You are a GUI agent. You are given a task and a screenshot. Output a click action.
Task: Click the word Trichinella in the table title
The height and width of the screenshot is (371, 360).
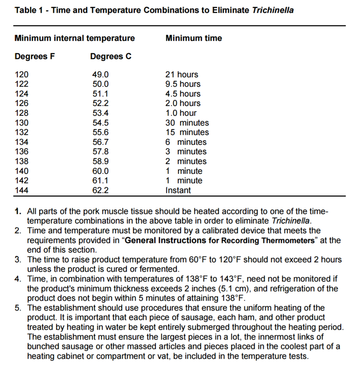click(x=272, y=10)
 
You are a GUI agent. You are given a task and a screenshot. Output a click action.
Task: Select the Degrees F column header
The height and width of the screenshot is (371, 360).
click(x=34, y=56)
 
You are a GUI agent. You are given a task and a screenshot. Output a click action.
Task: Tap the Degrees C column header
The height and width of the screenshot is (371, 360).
click(x=111, y=56)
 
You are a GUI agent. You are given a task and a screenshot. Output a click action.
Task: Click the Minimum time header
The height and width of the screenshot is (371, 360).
click(x=194, y=38)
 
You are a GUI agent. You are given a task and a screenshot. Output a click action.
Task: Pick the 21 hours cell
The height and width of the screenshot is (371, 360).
click(x=182, y=75)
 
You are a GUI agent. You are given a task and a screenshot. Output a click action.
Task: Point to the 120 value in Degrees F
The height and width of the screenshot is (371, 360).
click(x=21, y=75)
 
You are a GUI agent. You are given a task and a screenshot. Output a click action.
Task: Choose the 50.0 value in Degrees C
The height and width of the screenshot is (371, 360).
click(x=100, y=84)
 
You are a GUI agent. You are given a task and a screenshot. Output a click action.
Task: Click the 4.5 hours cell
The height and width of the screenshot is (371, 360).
click(x=183, y=94)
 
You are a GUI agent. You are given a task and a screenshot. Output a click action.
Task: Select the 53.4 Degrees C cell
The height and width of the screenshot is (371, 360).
click(x=100, y=113)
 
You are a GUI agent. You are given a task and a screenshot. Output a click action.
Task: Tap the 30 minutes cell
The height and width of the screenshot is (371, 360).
click(x=187, y=123)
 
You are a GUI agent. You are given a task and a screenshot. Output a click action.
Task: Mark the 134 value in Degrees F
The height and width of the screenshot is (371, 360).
click(x=21, y=142)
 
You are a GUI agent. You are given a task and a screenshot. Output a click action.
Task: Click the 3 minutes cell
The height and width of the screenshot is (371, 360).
click(x=186, y=152)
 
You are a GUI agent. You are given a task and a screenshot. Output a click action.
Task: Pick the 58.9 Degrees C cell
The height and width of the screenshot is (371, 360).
click(x=100, y=162)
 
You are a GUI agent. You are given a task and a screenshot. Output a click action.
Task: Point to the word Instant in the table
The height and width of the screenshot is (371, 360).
click(x=178, y=190)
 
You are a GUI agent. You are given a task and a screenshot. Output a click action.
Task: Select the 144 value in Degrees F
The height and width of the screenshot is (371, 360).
click(x=21, y=190)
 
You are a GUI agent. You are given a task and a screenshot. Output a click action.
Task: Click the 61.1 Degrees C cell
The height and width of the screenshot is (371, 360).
click(x=100, y=181)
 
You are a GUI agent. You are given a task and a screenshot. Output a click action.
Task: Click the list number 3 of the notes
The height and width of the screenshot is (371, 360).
click(x=18, y=260)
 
